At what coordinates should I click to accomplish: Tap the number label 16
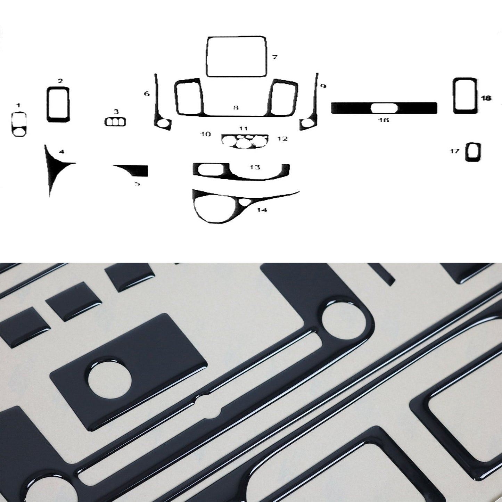pos(384,120)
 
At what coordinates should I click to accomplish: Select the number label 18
pos(486,98)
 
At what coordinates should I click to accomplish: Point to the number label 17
pos(455,151)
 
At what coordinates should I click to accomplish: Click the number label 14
pos(262,210)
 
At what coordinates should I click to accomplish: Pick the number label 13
pos(255,167)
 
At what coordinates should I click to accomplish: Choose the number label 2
pos(60,81)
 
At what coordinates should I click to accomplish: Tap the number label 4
pos(61,151)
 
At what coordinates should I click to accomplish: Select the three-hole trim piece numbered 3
pos(115,122)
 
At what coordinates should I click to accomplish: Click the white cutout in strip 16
pos(384,108)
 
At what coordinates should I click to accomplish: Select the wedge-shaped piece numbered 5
pos(139,170)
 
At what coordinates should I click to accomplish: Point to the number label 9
pos(323,86)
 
